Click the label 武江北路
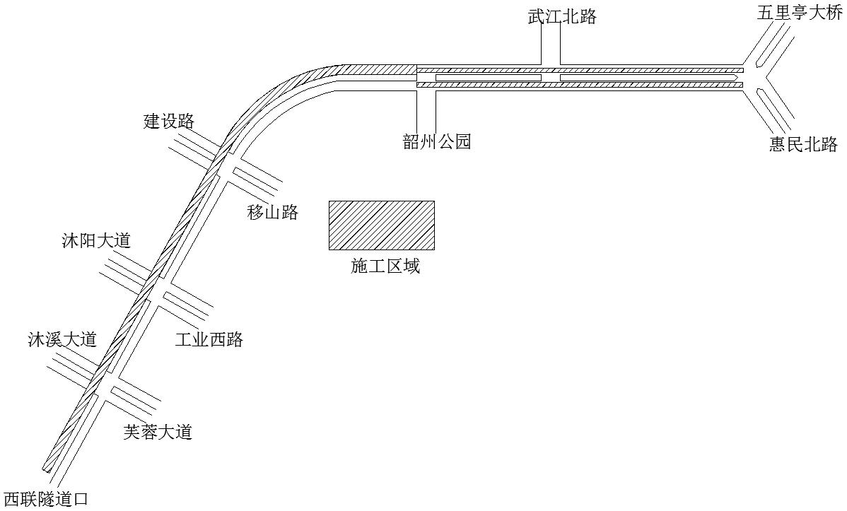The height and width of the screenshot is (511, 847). tap(562, 16)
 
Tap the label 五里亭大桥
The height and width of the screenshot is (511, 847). tap(800, 13)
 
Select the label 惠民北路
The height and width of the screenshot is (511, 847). tap(804, 143)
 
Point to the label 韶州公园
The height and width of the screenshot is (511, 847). tap(437, 141)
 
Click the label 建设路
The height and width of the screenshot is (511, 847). tap(169, 120)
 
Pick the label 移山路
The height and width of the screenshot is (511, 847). tap(273, 212)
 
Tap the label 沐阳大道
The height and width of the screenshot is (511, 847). tap(96, 240)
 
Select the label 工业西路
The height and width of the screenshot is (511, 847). tap(209, 339)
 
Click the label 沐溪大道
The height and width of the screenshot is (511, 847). tap(62, 339)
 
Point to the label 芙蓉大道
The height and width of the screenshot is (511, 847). tap(158, 432)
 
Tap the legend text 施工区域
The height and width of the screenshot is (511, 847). tap(385, 266)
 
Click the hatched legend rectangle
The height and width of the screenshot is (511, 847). tap(382, 225)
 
